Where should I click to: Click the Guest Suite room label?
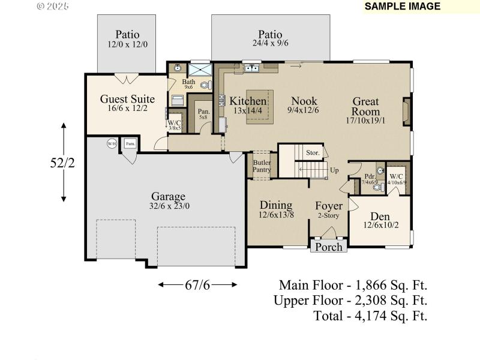[x=127, y=99]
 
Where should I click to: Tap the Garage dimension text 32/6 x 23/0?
[x=168, y=207]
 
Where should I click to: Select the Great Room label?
[x=365, y=107]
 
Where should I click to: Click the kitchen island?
[x=259, y=107]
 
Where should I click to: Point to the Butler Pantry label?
[x=262, y=166]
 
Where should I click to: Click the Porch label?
[x=329, y=247]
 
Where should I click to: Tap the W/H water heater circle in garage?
[x=112, y=143]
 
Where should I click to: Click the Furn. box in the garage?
[x=130, y=144]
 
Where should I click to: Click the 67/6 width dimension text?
[x=198, y=284]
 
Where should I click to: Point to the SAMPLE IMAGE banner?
[x=403, y=7]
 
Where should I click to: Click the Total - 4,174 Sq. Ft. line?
[x=371, y=316]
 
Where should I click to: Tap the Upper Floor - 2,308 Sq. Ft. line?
[x=350, y=300]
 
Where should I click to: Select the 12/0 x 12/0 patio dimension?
[x=127, y=44]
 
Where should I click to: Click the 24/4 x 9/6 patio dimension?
[x=270, y=43]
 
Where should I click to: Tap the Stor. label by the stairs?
[x=312, y=153]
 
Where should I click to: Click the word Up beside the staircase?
[x=334, y=170]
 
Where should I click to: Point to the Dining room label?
[x=276, y=205]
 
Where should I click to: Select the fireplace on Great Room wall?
[x=406, y=110]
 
